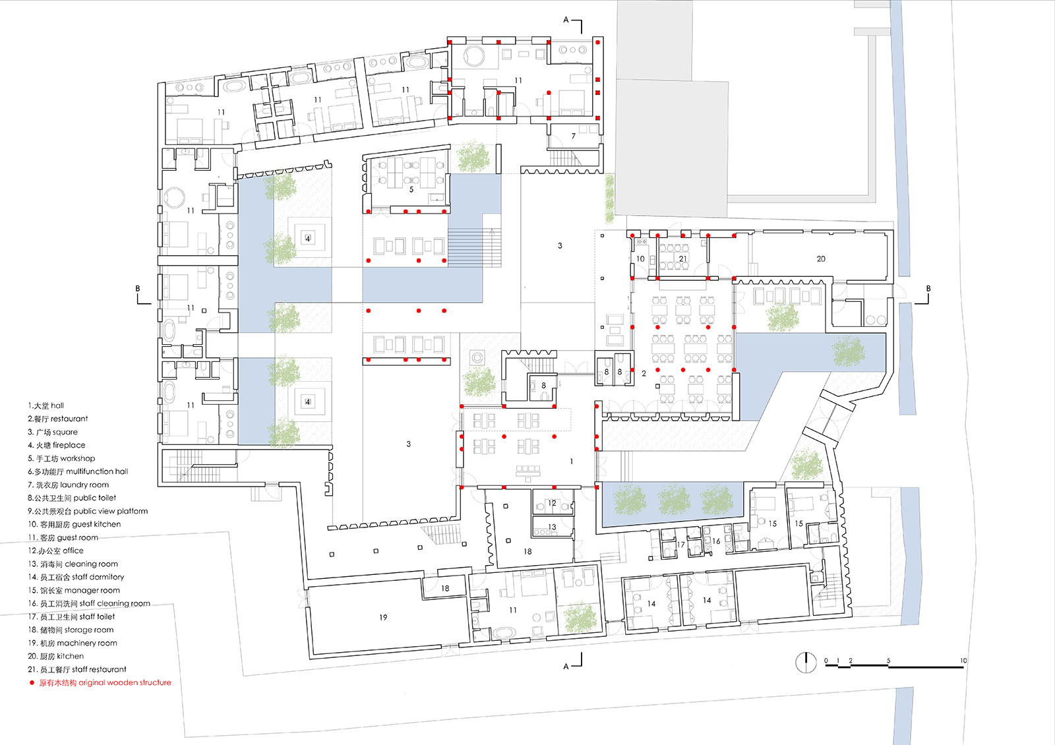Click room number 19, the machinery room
[x=383, y=617]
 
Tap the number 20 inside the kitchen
[x=821, y=259]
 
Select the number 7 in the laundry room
[x=573, y=136]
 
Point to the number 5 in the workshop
[x=411, y=189]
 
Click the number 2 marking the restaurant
[x=644, y=373]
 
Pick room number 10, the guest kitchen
[x=640, y=259]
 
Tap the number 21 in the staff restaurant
[x=682, y=259]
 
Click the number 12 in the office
[x=552, y=503]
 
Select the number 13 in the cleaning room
[x=552, y=527]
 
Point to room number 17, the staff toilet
[x=680, y=545]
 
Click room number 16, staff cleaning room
[x=716, y=541]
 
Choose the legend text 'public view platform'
[x=111, y=512]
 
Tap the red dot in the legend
[x=32, y=683]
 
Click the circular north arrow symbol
[x=806, y=663]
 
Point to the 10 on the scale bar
[x=963, y=661]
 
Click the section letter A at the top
[x=566, y=20]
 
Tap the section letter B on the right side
[x=928, y=289]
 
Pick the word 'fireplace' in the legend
[x=69, y=445]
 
